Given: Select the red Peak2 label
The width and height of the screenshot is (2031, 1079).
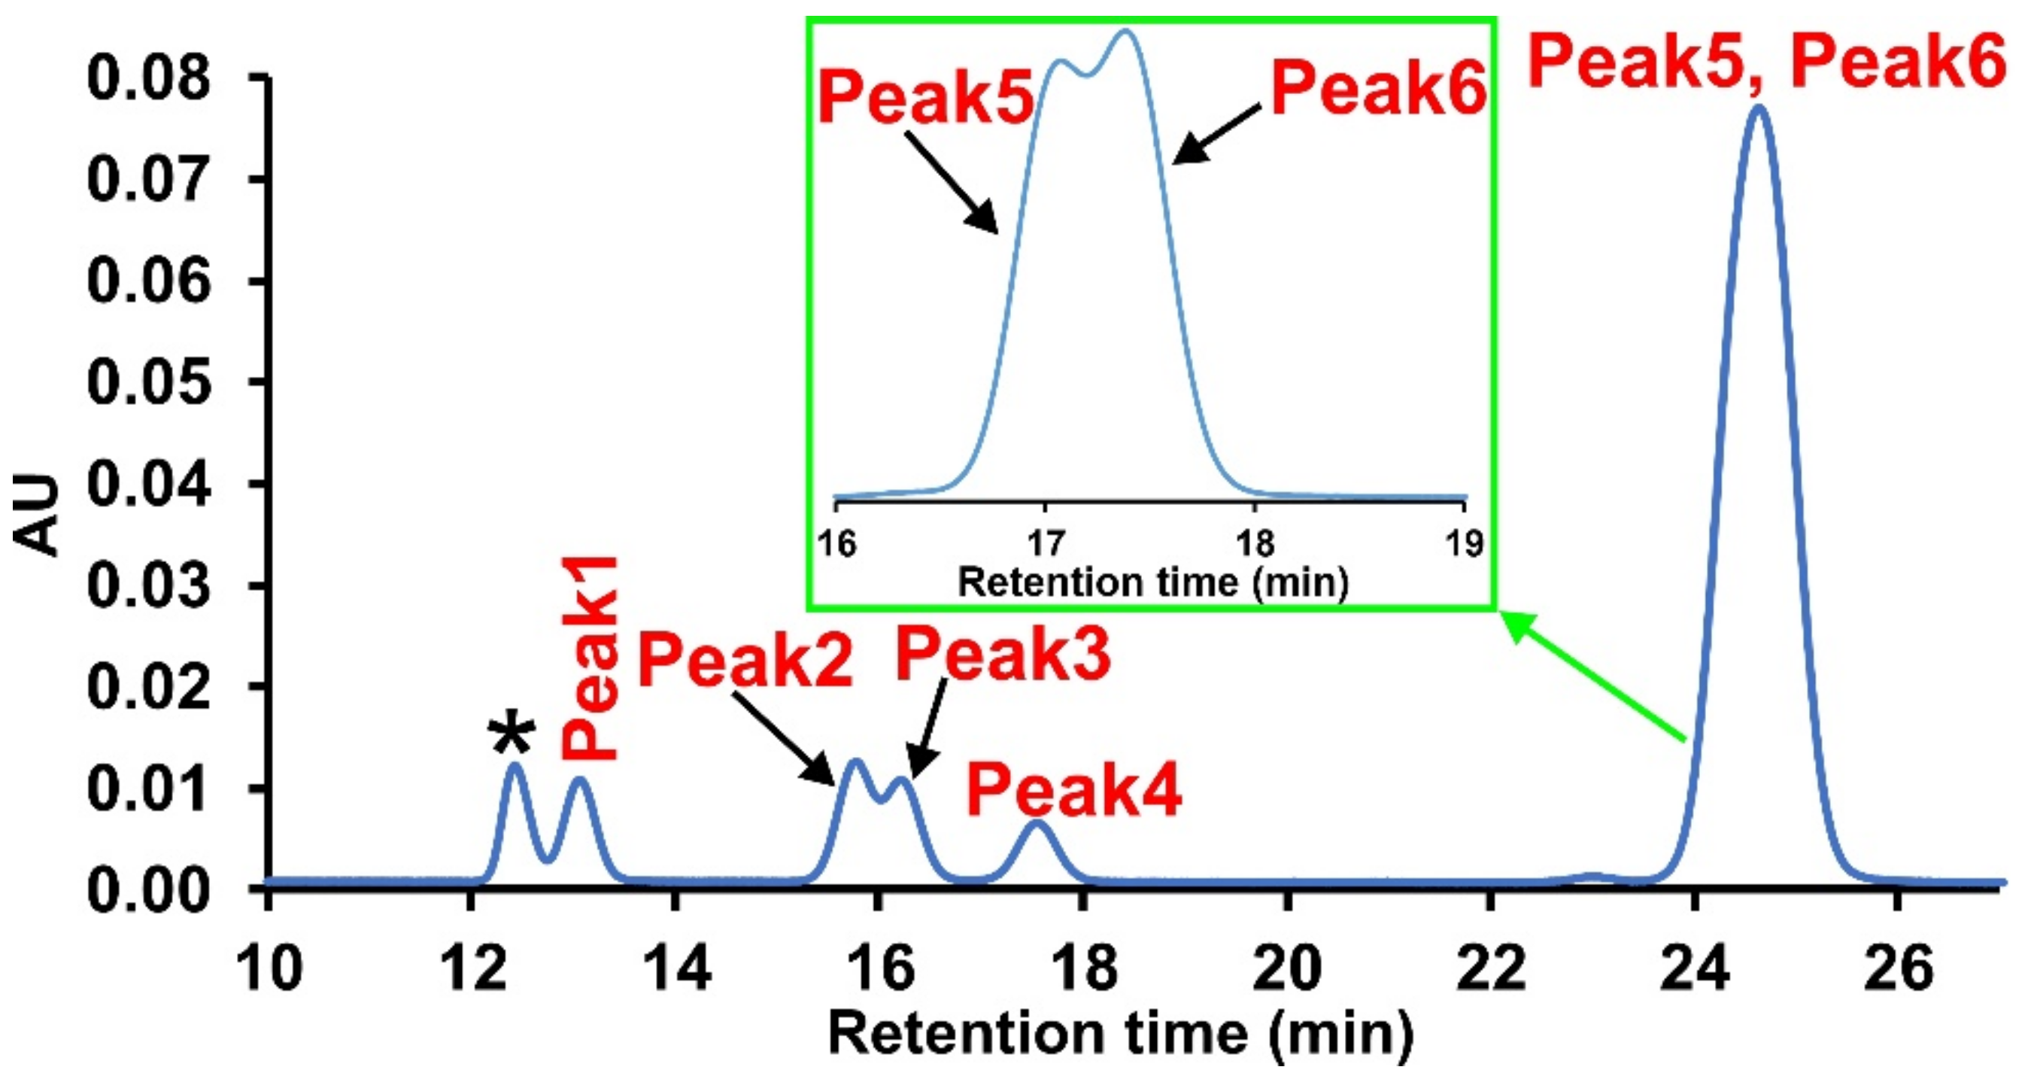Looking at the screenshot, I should pyautogui.click(x=744, y=661).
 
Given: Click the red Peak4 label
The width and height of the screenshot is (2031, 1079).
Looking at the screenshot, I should pyautogui.click(x=1074, y=791).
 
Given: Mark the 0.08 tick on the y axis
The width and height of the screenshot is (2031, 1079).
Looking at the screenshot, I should pyautogui.click(x=149, y=80).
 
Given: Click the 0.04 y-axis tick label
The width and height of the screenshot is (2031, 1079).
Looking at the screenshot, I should pyautogui.click(x=149, y=484).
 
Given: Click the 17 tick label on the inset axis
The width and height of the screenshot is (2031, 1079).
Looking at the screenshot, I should pyautogui.click(x=1046, y=543).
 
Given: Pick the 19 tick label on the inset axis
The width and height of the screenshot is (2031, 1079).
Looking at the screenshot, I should pyautogui.click(x=1464, y=543).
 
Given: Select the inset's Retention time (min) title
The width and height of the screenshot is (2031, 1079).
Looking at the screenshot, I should pyautogui.click(x=1152, y=583).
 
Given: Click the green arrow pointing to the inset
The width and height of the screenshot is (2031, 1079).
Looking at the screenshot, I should pyautogui.click(x=1592, y=676).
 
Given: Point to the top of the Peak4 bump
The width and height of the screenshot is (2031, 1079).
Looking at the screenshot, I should pyautogui.click(x=1037, y=822).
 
